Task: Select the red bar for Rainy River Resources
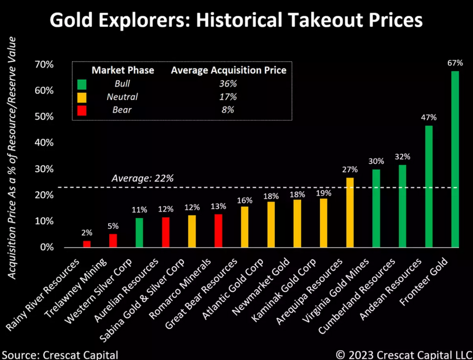click(x=87, y=244)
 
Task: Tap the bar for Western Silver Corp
click(x=139, y=232)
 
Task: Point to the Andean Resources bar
click(x=428, y=186)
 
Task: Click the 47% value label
click(x=428, y=118)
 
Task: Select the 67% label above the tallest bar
click(x=455, y=63)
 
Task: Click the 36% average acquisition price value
click(x=229, y=83)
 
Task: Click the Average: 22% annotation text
click(x=142, y=178)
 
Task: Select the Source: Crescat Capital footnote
click(x=59, y=354)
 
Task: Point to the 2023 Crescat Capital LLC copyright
click(x=400, y=354)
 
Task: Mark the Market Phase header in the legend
click(x=122, y=70)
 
